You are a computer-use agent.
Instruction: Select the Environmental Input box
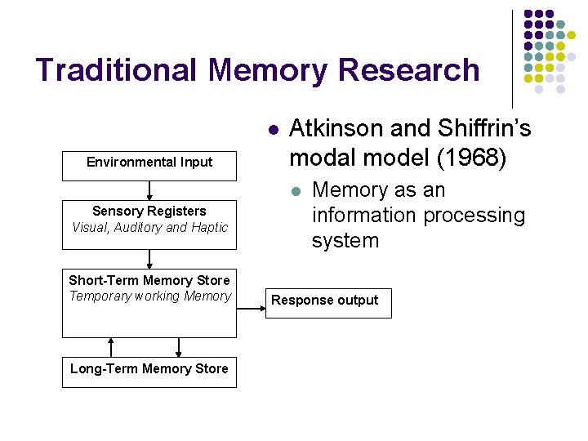[x=149, y=163]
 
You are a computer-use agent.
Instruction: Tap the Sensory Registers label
[x=149, y=212]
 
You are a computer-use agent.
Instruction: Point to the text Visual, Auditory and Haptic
[x=149, y=227]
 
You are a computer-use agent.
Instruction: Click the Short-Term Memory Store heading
[x=149, y=280]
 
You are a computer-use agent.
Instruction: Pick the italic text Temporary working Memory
[x=149, y=296]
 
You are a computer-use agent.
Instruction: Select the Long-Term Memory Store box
[x=149, y=369]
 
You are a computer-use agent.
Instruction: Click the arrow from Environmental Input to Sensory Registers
[x=149, y=191]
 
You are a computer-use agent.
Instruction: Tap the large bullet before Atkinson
[x=274, y=129]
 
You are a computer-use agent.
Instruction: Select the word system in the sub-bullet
[x=345, y=241]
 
